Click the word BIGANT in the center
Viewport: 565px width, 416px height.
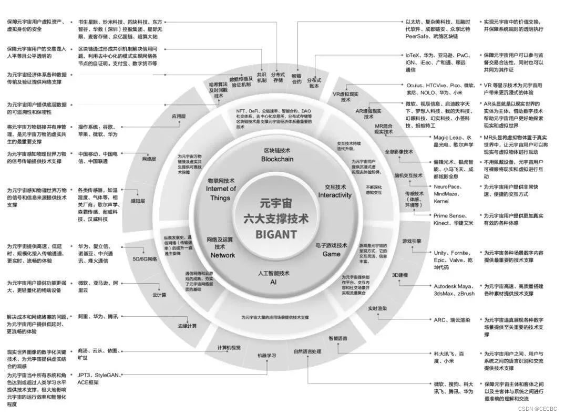276,234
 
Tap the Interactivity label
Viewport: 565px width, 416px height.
335,195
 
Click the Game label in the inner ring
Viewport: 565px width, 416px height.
331,254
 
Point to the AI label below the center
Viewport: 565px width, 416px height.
273,282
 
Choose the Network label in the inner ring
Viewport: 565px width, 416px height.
223,255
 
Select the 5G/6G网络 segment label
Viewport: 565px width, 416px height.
145,258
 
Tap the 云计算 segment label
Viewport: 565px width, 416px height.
159,295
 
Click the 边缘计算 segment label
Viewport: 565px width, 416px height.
187,326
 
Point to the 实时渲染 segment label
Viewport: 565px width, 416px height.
377,308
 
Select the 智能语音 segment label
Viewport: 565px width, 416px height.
338,338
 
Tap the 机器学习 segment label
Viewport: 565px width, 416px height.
267,356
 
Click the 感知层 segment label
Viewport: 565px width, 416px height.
138,201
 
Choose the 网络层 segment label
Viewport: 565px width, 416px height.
149,158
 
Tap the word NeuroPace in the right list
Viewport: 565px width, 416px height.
447,186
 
